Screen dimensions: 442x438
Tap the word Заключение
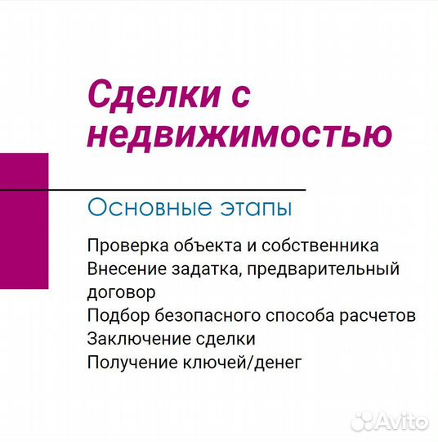tap(128, 338)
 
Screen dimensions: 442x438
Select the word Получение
tap(124, 361)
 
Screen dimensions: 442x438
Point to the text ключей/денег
tap(235, 361)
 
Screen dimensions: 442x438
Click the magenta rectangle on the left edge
tap(24, 221)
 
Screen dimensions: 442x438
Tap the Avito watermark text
tap(404, 421)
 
